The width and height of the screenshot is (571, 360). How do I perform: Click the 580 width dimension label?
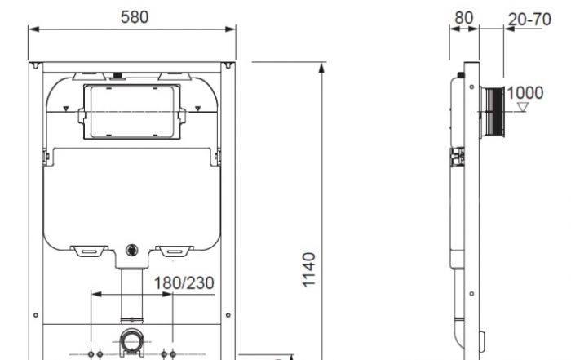(x=135, y=17)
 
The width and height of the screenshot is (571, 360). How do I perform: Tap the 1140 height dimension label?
(x=309, y=269)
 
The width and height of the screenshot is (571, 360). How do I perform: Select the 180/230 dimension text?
(x=184, y=283)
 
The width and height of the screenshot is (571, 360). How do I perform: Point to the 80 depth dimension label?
(x=464, y=17)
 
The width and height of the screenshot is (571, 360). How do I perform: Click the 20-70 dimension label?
(x=529, y=20)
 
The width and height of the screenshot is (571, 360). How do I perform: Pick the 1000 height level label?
(x=525, y=93)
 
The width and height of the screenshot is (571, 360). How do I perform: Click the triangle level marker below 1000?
(x=523, y=107)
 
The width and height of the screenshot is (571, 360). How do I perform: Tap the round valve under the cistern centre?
(x=132, y=250)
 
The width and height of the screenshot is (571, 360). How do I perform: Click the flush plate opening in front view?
(x=132, y=112)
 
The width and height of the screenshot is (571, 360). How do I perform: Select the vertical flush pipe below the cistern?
(x=132, y=296)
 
